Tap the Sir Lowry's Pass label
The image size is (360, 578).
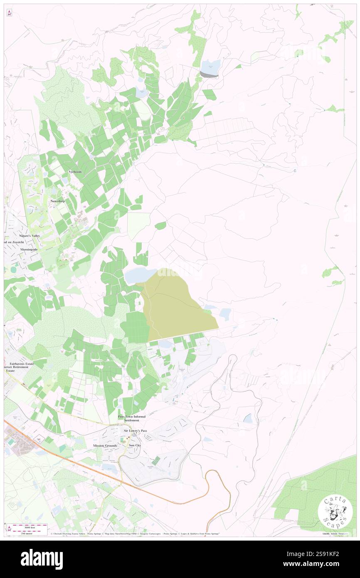[136, 431]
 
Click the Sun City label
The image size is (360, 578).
[135, 445]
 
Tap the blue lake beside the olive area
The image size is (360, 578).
[141, 275]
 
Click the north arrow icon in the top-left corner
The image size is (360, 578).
[9, 13]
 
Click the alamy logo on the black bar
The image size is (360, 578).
[42, 559]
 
